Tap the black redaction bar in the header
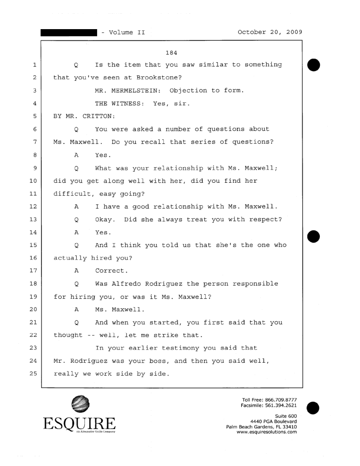(x=68, y=33)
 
